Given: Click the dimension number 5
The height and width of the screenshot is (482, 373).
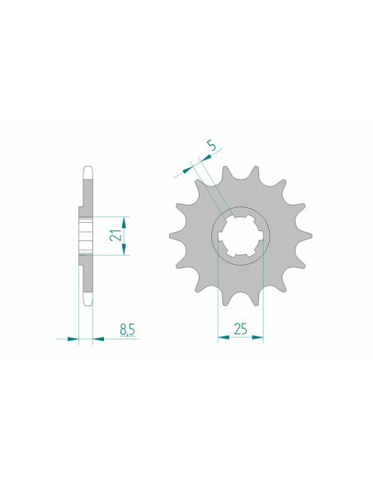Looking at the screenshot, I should click(x=212, y=146).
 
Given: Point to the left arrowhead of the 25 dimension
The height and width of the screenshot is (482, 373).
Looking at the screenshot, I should click(x=221, y=338).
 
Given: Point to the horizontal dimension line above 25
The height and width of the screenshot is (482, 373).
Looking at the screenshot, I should click(x=240, y=338).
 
